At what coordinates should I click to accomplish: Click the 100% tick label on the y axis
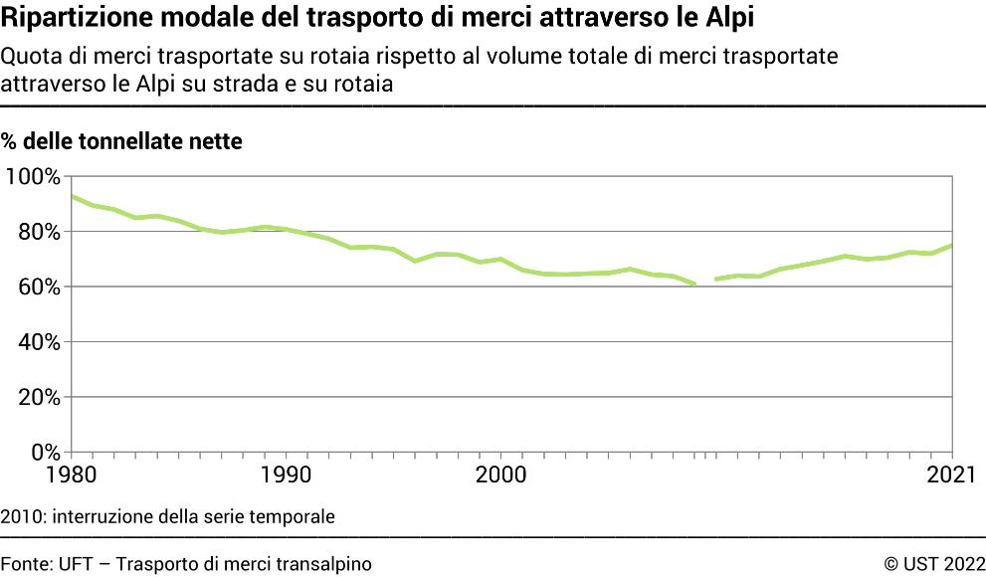(x=33, y=177)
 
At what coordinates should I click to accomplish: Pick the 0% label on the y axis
(x=45, y=452)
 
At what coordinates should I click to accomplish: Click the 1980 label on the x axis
(x=73, y=474)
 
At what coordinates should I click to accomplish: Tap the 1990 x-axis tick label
(x=288, y=474)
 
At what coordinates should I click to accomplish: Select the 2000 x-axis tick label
(x=502, y=474)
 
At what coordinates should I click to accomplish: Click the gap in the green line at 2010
(x=705, y=283)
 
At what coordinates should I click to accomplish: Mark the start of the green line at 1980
(x=74, y=197)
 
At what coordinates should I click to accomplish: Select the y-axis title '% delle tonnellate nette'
(x=121, y=141)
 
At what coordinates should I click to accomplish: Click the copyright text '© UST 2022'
(x=934, y=564)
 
